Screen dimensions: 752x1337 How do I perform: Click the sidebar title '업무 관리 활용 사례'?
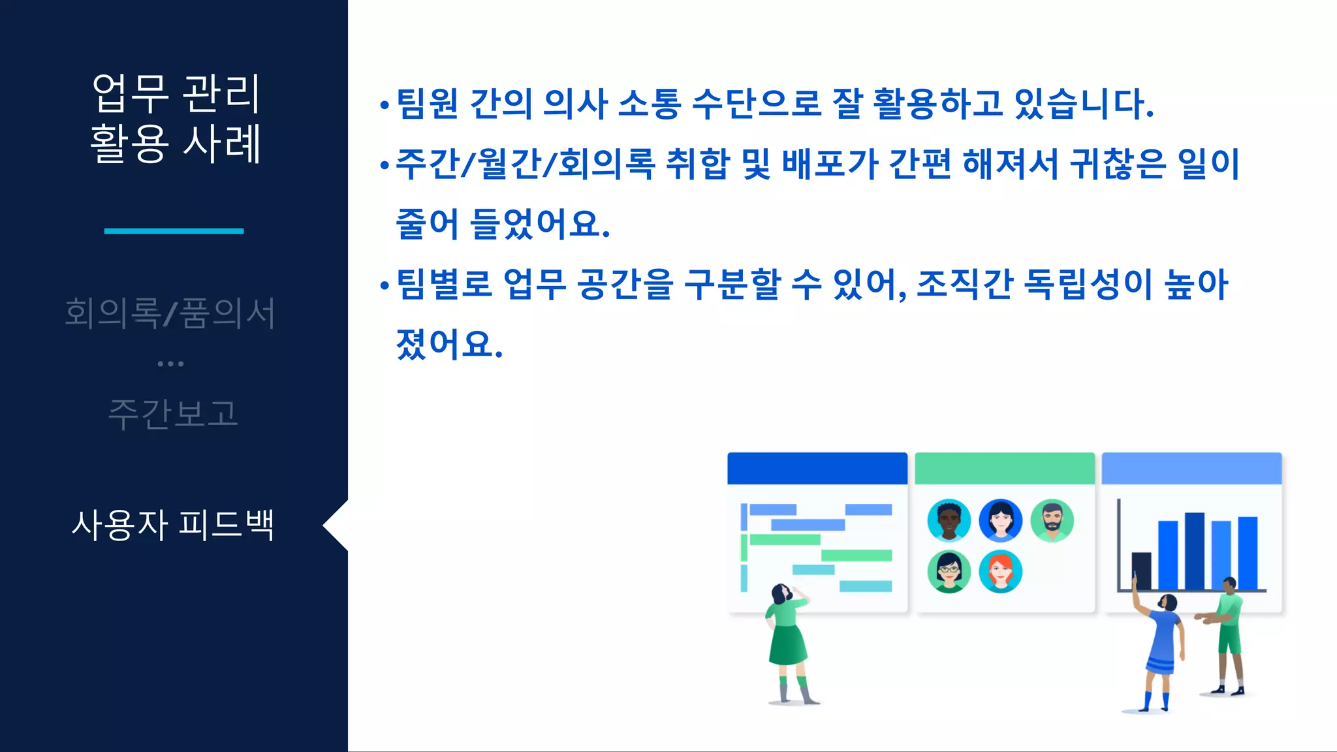175,118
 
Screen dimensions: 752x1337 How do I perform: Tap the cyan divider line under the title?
174,230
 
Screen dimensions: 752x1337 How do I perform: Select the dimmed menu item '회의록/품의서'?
170,313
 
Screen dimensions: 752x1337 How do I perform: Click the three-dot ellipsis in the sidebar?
170,364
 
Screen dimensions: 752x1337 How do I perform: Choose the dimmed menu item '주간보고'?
173,414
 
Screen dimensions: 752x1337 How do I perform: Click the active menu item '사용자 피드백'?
173,525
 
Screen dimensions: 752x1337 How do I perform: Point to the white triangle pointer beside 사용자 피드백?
336,525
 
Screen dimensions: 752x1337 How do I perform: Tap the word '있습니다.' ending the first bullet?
1084,104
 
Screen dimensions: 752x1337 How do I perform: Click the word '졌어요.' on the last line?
449,344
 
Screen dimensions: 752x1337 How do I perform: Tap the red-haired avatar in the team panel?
1000,571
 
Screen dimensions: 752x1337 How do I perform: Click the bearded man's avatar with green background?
1052,520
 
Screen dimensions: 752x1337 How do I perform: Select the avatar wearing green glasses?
949,571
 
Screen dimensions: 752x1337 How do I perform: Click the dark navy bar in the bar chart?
1141,571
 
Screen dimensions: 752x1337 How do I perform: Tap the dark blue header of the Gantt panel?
817,468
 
